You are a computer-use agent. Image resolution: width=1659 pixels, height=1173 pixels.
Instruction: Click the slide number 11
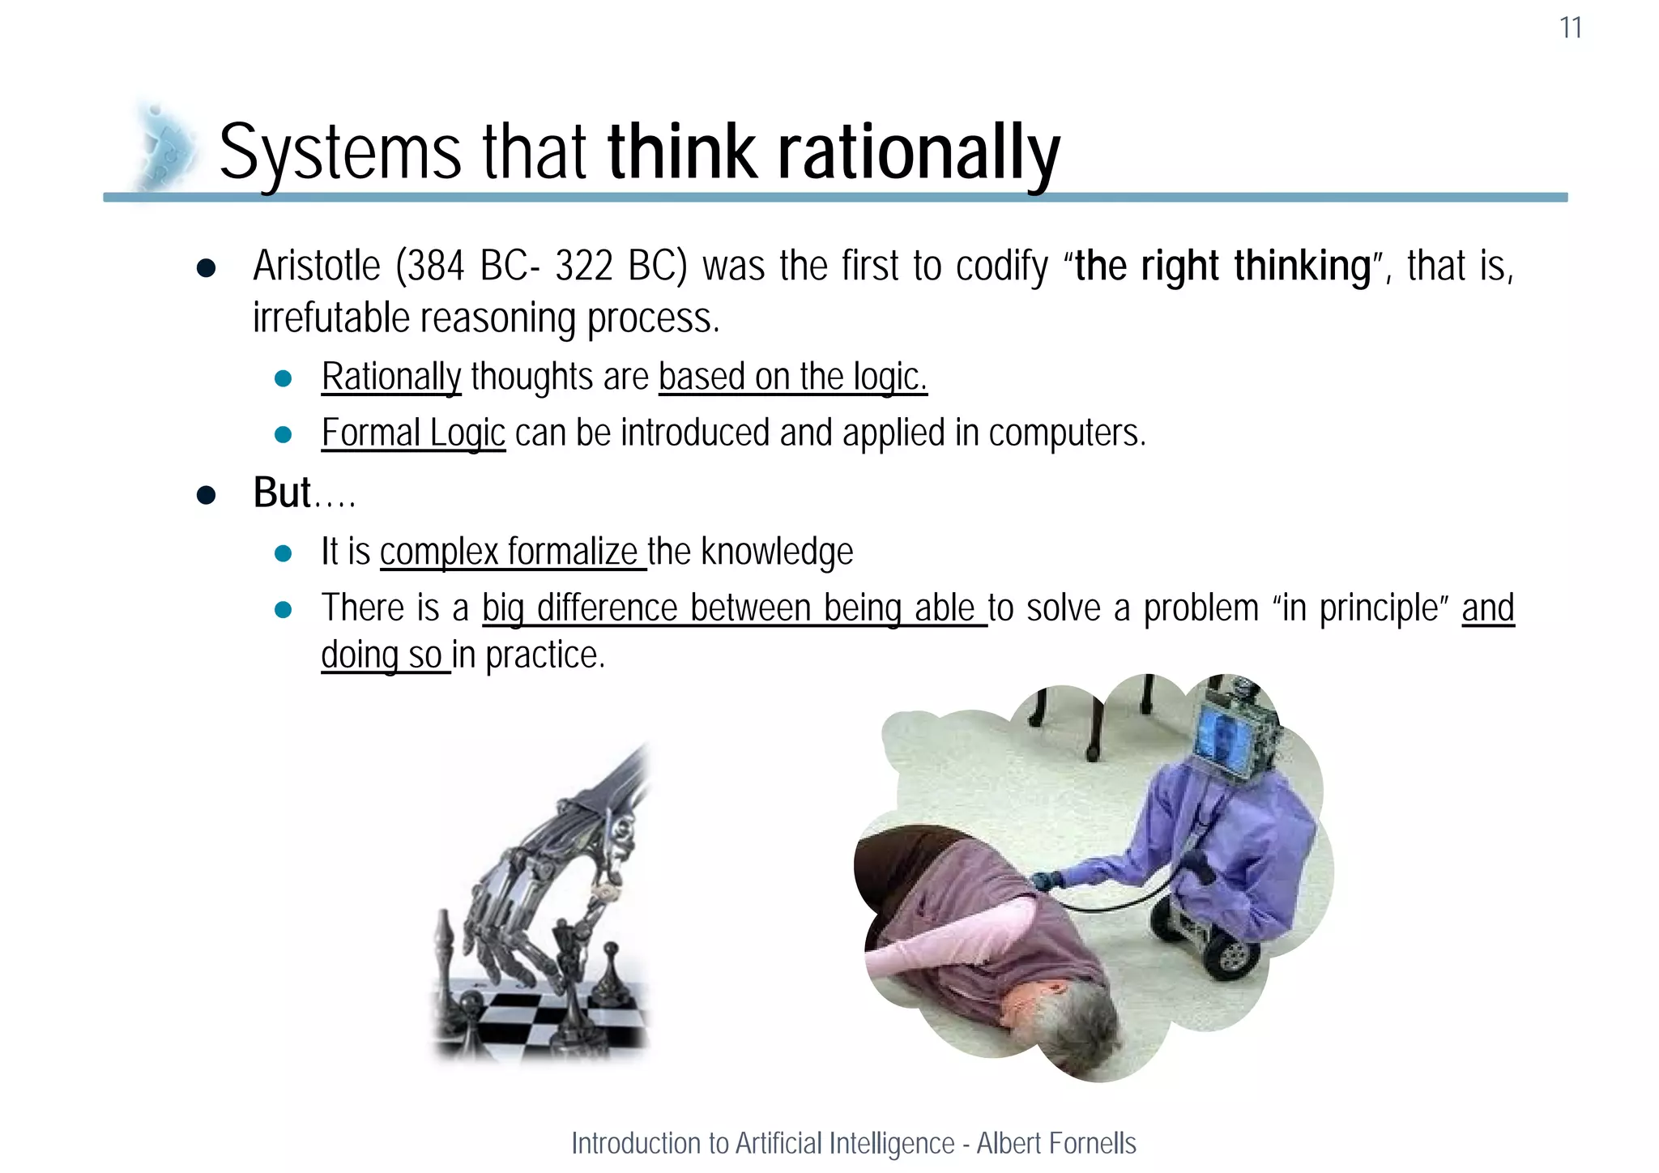1570,28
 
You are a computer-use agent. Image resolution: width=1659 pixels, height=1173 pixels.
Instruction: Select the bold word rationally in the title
919,152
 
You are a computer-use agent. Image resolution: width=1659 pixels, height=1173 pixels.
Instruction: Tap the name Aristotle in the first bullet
316,266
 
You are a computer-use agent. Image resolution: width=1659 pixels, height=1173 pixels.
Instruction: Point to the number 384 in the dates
436,266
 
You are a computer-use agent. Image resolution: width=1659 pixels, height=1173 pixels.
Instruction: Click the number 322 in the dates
583,266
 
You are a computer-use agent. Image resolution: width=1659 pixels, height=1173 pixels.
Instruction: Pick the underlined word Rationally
391,377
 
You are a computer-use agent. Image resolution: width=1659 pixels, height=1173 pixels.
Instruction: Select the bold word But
282,493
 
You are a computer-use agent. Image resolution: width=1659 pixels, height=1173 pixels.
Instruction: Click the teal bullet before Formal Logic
283,435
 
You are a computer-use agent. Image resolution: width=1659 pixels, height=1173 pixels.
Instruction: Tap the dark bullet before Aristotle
206,269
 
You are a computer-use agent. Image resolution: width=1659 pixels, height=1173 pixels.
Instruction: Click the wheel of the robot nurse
1230,955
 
